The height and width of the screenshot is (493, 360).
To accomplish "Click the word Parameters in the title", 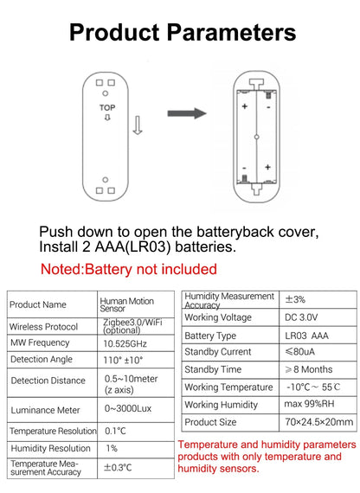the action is [x=231, y=32].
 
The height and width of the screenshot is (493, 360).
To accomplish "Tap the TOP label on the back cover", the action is [x=107, y=108].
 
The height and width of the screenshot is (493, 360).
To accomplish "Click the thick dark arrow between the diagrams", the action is [x=187, y=113].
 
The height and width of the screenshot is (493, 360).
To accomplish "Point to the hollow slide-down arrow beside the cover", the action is [x=138, y=125].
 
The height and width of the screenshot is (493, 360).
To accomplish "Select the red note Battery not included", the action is [x=129, y=269].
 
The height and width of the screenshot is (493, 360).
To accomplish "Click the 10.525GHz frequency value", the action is [x=125, y=343].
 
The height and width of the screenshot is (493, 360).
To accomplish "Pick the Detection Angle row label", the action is [x=42, y=360].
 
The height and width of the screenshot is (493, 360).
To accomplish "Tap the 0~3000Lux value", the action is [x=128, y=408].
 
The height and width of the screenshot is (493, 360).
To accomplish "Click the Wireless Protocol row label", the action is [x=44, y=327].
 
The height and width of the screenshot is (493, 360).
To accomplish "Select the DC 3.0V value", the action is [x=301, y=317].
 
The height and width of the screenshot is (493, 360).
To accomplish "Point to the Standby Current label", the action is [x=218, y=351].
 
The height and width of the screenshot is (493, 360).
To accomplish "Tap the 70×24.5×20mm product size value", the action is [x=319, y=421].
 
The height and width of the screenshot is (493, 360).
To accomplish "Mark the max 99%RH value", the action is [x=309, y=404].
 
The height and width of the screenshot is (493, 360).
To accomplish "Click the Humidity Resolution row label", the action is [x=51, y=448].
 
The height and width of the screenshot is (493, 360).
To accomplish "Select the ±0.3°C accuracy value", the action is [x=118, y=468].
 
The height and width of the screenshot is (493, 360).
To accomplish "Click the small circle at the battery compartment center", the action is [x=256, y=137].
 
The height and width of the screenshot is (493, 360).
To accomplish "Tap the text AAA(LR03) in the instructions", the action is [x=132, y=246].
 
